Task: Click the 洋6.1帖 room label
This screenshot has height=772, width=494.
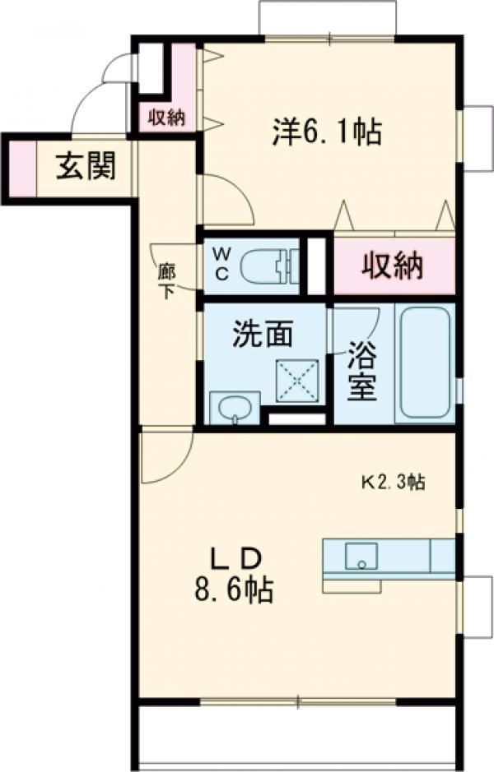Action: [x=326, y=131]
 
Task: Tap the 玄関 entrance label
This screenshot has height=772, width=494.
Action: [x=85, y=167]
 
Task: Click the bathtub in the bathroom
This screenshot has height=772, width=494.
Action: [x=423, y=363]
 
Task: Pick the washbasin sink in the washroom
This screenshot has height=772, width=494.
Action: [x=234, y=409]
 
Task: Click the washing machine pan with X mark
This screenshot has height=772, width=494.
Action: [x=297, y=381]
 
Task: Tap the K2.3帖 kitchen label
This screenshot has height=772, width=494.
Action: [x=394, y=483]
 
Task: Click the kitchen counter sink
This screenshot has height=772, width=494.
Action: [x=361, y=556]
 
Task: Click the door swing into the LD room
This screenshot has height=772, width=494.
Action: [x=165, y=456]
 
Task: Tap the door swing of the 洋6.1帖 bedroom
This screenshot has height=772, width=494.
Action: [x=225, y=200]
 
